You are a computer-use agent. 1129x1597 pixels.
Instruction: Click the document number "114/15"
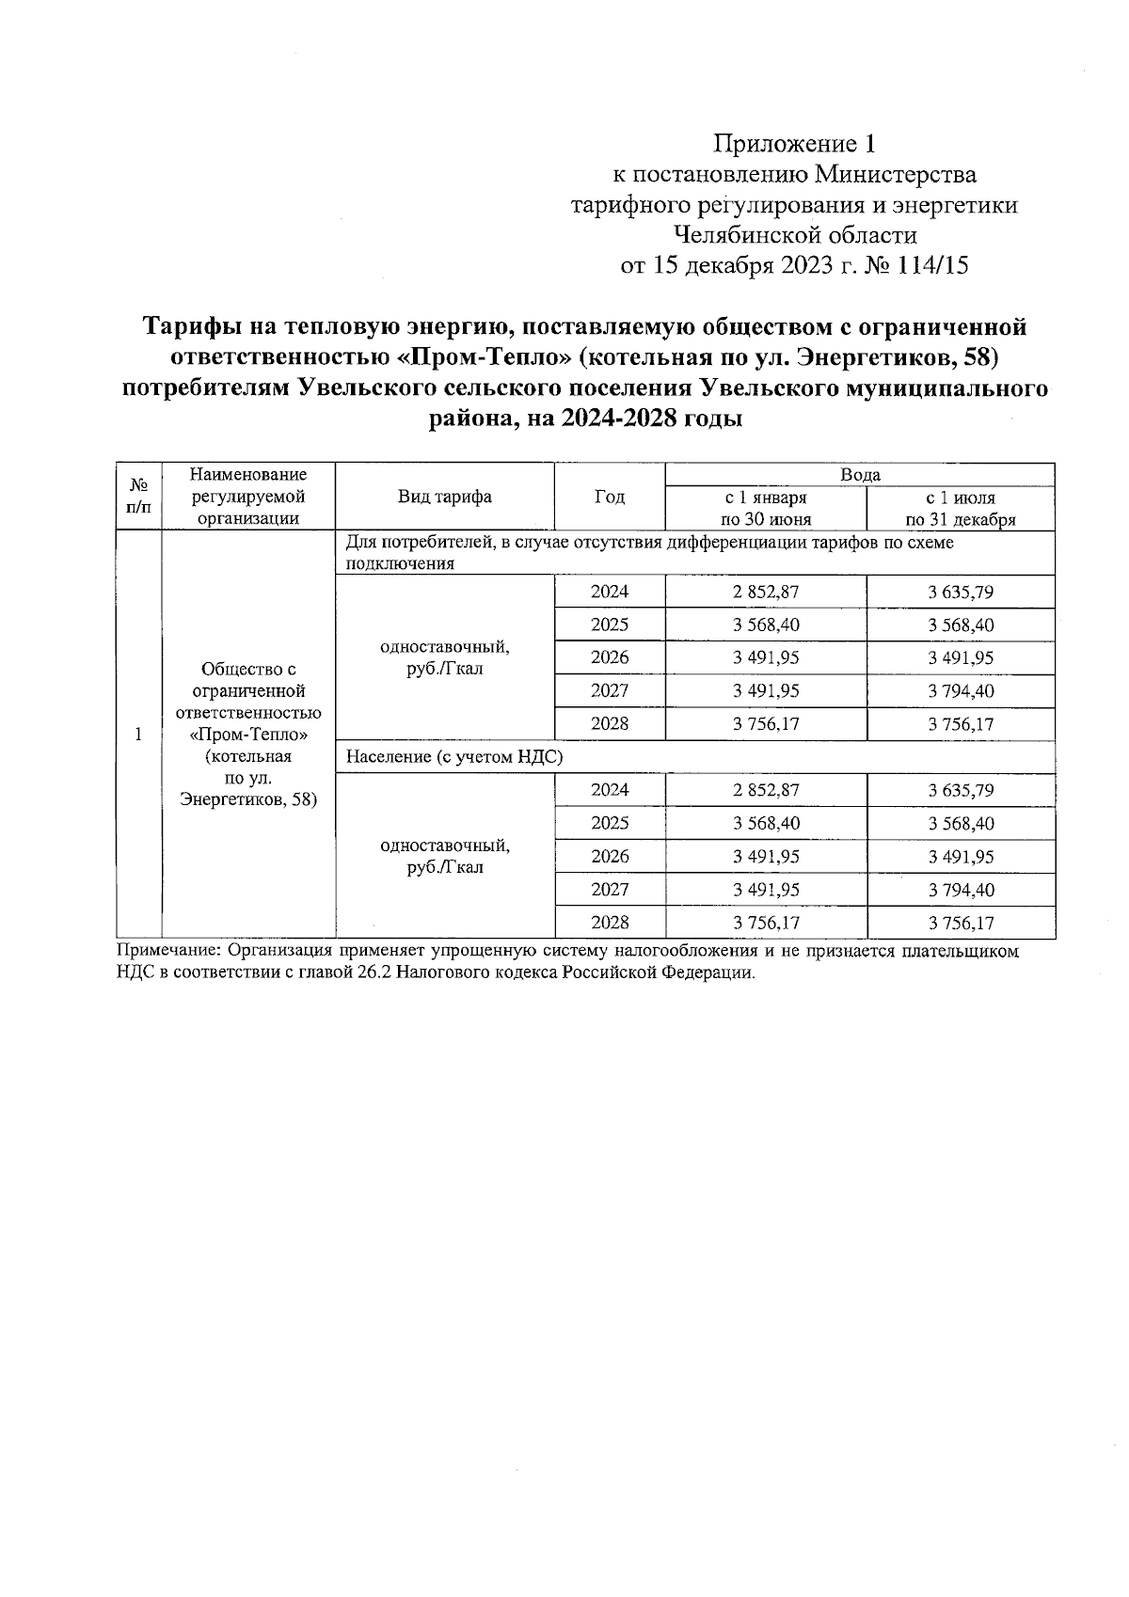coord(932,266)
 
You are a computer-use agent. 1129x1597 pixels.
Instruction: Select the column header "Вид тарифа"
coord(444,497)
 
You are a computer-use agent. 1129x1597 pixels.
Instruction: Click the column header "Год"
coord(610,497)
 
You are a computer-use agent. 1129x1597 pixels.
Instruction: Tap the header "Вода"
coord(859,475)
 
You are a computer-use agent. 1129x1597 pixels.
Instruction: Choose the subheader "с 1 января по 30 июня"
coord(765,508)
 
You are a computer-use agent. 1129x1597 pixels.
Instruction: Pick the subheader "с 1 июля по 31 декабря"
coord(960,508)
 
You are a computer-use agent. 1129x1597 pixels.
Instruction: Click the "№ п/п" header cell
coord(138,497)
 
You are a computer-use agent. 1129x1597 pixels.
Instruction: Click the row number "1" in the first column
coord(138,735)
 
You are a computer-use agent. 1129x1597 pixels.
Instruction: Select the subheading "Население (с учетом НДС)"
coord(454,757)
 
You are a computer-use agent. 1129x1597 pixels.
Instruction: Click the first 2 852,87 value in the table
coord(765,593)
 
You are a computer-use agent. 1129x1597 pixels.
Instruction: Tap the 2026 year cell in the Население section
coord(610,857)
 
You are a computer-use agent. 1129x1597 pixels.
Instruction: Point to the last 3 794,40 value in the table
coord(960,890)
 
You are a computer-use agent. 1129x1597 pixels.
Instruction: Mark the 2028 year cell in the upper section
coord(610,724)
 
